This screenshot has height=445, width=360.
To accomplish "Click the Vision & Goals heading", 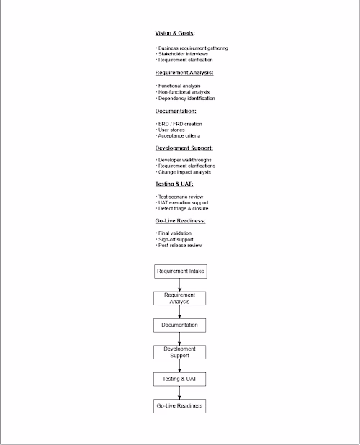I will (175, 34).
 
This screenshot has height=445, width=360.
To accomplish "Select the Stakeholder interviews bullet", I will (184, 54).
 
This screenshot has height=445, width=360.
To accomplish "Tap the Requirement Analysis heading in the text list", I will (184, 73).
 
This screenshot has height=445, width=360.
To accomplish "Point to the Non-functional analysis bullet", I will (184, 92).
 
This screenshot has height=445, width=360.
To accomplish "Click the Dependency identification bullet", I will (186, 98).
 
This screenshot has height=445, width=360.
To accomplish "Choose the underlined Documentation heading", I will (176, 111).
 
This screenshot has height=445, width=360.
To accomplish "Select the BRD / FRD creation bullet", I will (179, 124).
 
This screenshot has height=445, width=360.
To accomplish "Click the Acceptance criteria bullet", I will (179, 135).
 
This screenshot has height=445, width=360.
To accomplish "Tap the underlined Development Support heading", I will (184, 148).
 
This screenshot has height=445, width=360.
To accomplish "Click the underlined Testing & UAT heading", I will (174, 184).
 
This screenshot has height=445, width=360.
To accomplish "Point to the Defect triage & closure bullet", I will (184, 208).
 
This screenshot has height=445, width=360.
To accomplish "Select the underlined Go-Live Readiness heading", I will (180, 220).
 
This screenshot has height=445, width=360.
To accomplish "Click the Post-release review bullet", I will (180, 245).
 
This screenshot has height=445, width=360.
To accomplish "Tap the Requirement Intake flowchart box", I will (180, 271).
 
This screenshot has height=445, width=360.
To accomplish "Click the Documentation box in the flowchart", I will (180, 325).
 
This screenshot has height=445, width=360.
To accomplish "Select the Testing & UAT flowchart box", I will (180, 379).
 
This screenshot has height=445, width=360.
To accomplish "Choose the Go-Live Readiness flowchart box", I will (180, 406).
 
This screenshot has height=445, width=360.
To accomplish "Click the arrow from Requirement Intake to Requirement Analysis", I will (180, 285).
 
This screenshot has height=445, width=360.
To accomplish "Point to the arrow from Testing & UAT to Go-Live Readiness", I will (180, 392).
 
